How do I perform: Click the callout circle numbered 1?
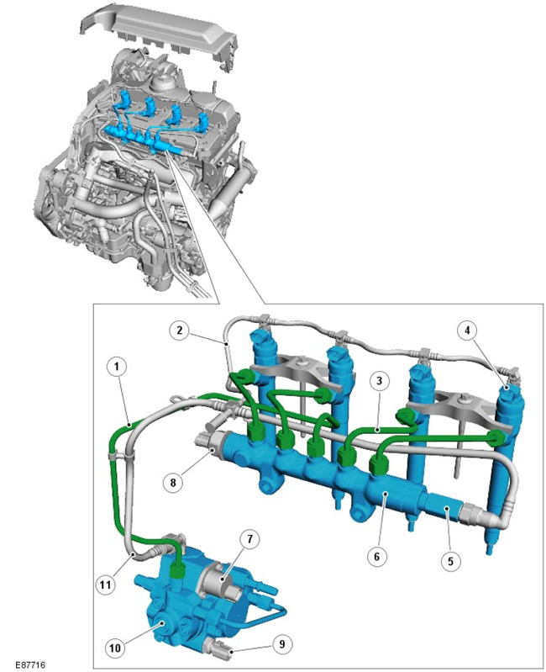pyautogui.click(x=118, y=367)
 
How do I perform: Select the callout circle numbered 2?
pyautogui.click(x=179, y=330)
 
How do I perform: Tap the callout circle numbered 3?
pyautogui.click(x=379, y=380)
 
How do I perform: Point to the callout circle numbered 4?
pyautogui.click(x=467, y=330)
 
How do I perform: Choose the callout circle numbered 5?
pyautogui.click(x=450, y=561)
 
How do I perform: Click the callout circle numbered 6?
pyautogui.click(x=377, y=556)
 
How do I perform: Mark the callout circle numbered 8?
pyautogui.click(x=173, y=483)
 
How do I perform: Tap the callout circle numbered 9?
pyautogui.click(x=281, y=644)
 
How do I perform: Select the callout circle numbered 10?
pyautogui.click(x=115, y=648)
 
